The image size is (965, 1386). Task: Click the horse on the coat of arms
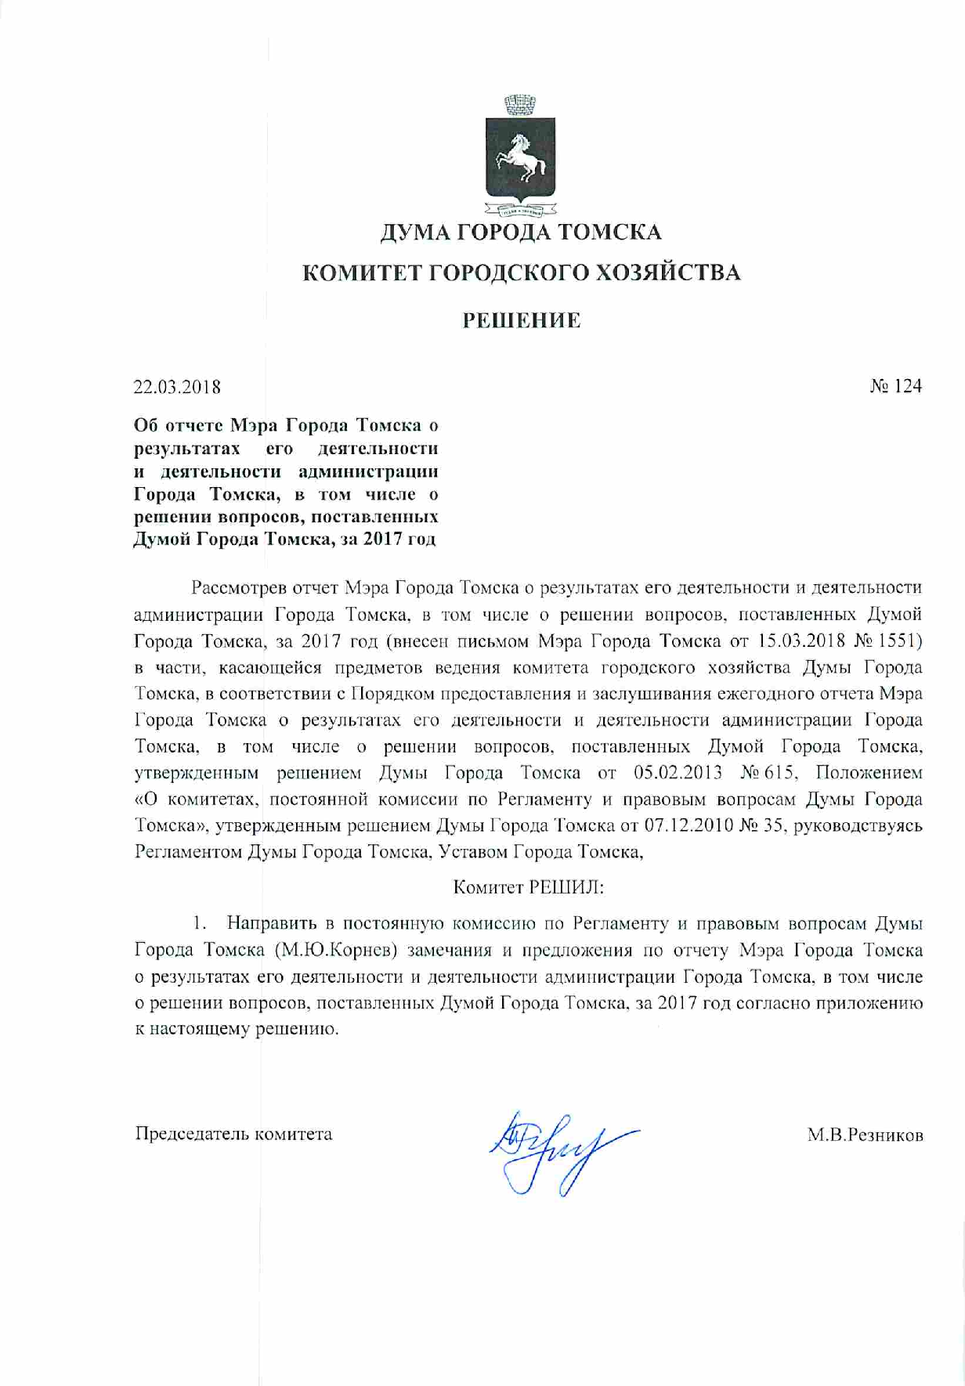(519, 153)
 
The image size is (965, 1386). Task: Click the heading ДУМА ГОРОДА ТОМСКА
(521, 233)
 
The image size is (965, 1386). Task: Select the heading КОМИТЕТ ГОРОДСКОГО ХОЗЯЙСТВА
(521, 273)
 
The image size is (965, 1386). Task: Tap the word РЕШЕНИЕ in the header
(521, 321)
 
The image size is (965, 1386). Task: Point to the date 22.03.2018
(177, 387)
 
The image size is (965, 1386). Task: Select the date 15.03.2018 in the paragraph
(798, 641)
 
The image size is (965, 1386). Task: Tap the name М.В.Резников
(865, 1135)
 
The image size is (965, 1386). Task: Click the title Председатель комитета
(234, 1134)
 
